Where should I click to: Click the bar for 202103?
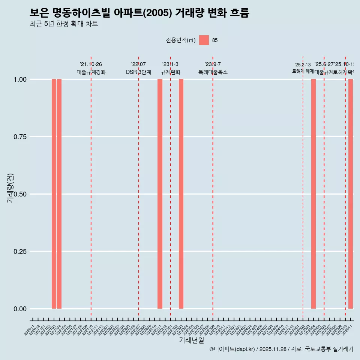[x=54, y=194]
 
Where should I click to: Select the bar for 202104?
[x=59, y=194]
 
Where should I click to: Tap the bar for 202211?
[x=160, y=194]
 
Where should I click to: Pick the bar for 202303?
[x=181, y=194]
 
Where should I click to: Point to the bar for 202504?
[x=313, y=194]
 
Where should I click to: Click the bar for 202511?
[x=351, y=194]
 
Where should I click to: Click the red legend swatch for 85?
[x=204, y=40]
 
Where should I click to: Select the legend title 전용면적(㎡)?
[x=181, y=40]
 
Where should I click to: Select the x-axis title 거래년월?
[x=192, y=340]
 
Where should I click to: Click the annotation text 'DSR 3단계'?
[x=138, y=72]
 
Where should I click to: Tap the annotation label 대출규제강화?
[x=91, y=72]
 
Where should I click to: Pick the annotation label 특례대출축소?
[x=213, y=72]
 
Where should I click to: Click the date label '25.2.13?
[x=303, y=65]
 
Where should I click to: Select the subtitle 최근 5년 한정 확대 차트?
[x=64, y=24]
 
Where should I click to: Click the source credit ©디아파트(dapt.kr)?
[x=232, y=349]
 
